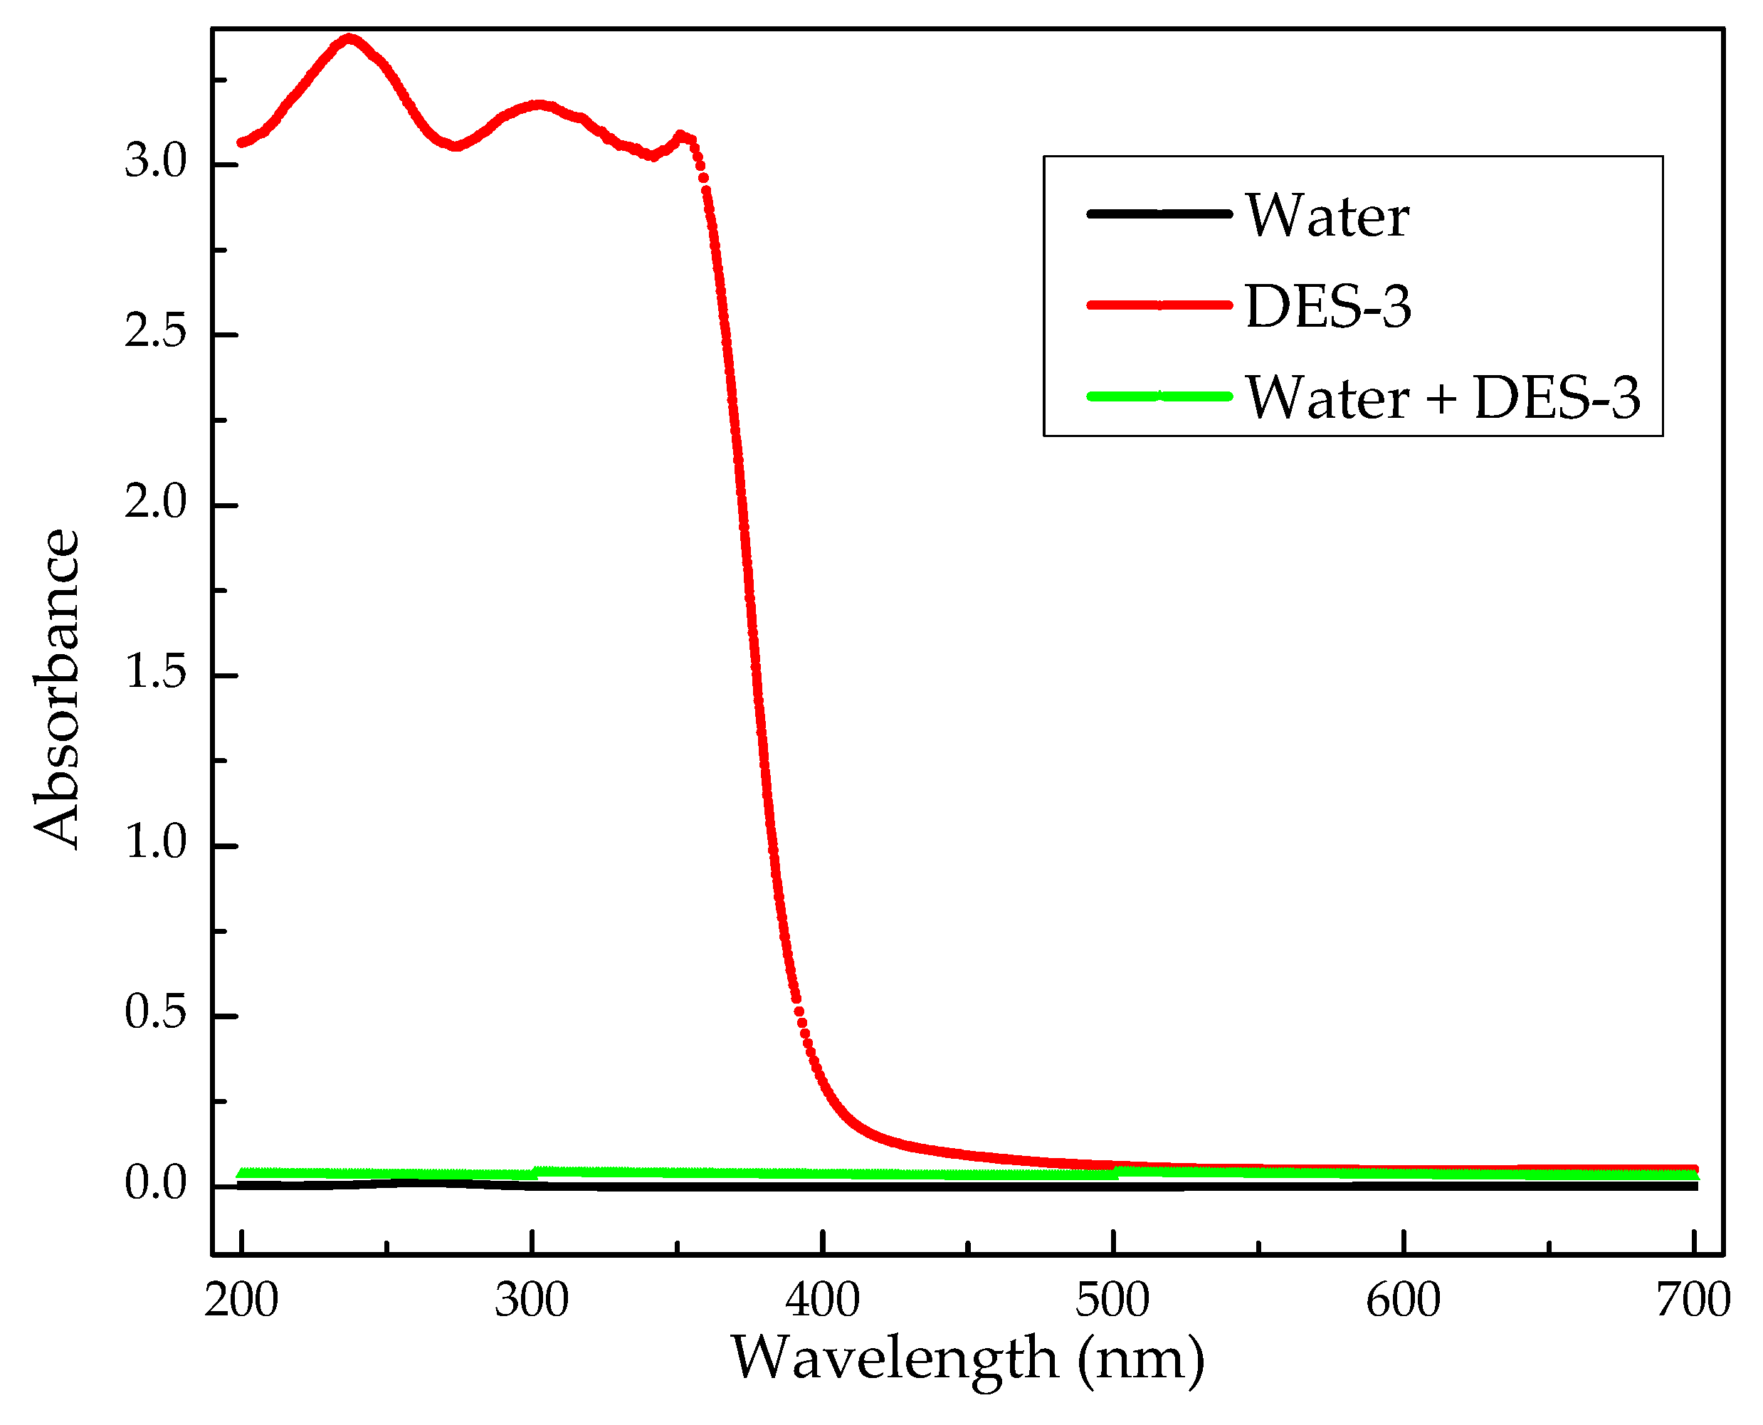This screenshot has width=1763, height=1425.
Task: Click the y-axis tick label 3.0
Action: coord(155,161)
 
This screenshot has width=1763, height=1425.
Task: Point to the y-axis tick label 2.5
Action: coord(155,332)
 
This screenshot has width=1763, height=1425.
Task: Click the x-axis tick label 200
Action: coord(241,1301)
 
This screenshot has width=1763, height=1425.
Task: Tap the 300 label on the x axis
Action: coord(532,1301)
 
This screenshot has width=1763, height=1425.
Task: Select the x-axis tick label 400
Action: coord(822,1301)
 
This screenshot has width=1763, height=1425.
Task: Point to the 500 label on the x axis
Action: coord(1113,1301)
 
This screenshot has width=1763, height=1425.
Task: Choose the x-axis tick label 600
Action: coord(1404,1301)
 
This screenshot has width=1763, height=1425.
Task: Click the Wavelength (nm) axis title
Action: coord(968,1360)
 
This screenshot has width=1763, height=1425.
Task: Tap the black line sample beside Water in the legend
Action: coord(1159,214)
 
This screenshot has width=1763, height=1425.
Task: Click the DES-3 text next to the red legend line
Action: coord(1328,307)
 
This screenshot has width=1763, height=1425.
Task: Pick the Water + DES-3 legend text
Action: coord(1443,398)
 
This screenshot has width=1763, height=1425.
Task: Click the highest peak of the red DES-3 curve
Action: coord(350,38)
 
